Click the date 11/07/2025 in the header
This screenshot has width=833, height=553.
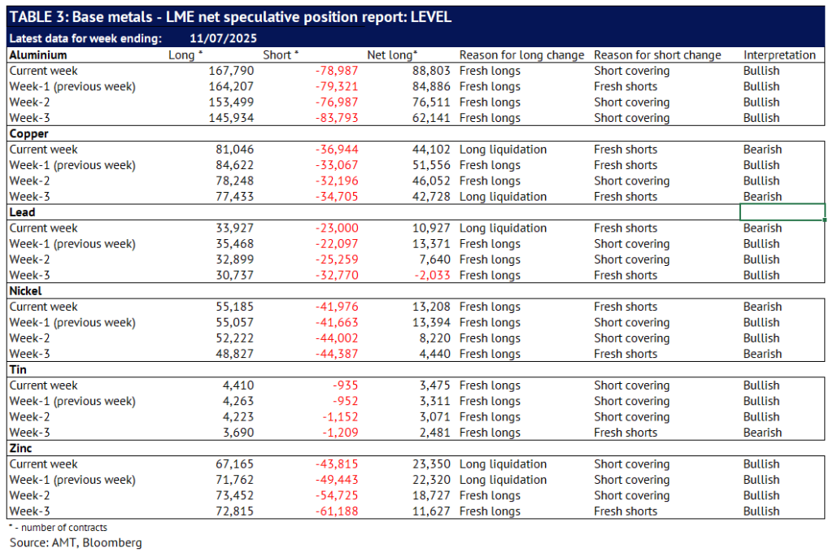tap(223, 38)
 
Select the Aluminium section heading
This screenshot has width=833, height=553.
tap(38, 54)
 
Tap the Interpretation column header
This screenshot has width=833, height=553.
tap(779, 54)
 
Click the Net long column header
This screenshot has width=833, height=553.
tap(392, 54)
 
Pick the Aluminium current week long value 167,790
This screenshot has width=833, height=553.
tap(231, 71)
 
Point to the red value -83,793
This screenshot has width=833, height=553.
tap(337, 118)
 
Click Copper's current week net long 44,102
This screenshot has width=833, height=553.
tap(431, 150)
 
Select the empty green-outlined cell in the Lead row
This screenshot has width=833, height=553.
tap(783, 212)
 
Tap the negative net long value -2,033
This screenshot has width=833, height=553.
tap(433, 275)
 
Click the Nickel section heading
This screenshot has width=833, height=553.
tap(25, 290)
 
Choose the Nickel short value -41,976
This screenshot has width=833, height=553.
tap(337, 307)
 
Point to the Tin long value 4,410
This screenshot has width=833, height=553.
tap(238, 385)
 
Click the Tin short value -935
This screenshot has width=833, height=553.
tap(345, 385)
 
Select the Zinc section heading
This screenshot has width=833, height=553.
tap(20, 448)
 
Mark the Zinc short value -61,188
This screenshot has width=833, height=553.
tap(337, 511)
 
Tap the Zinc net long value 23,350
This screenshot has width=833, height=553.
tap(431, 464)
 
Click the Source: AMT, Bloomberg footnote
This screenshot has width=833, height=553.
tap(76, 542)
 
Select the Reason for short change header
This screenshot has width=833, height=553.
tap(657, 54)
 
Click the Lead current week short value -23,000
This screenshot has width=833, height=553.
tap(337, 228)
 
